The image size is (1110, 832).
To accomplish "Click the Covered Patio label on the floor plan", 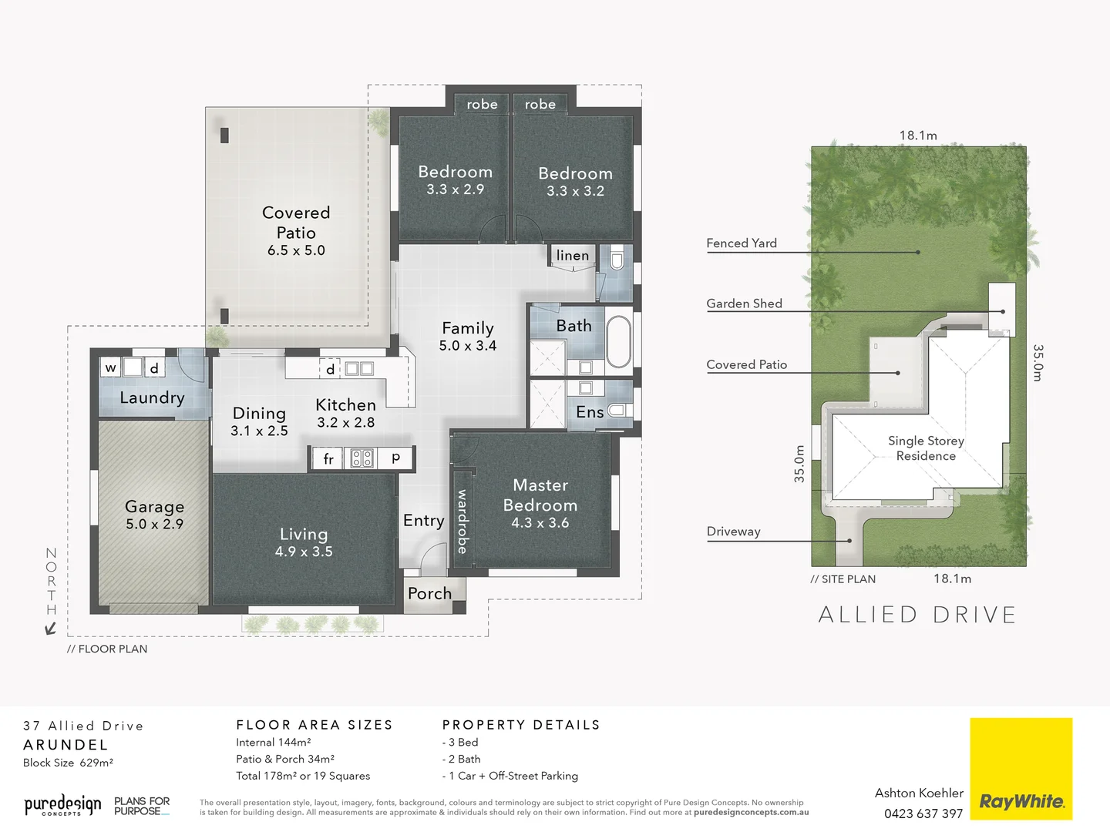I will point(296,223).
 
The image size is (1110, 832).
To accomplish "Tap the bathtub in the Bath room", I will point(618,341).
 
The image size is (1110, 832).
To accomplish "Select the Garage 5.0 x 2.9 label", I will point(154,515).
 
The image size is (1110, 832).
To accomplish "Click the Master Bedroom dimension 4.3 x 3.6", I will point(540,523).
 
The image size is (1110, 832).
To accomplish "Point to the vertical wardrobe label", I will point(462,522).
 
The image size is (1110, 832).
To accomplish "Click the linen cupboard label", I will point(572,256).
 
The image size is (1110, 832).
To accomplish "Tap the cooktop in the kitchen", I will point(362,458).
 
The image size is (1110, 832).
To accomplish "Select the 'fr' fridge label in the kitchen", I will point(328,459).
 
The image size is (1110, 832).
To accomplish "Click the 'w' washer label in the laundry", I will point(111,367).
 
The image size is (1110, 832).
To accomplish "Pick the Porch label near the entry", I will point(429,593).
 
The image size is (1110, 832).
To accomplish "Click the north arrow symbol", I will point(51,629).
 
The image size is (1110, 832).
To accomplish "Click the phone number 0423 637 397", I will point(923,814).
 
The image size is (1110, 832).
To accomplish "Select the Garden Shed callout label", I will point(744,304).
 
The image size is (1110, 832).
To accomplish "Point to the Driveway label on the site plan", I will point(733,532).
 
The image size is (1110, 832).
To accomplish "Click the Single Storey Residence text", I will point(926,448).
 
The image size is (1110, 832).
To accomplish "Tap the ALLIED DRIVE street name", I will point(917,615).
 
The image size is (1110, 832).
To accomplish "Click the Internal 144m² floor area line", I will point(273,743).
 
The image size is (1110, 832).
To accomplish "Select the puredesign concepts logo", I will point(62,806).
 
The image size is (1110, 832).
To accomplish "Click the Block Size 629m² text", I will point(68,763).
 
